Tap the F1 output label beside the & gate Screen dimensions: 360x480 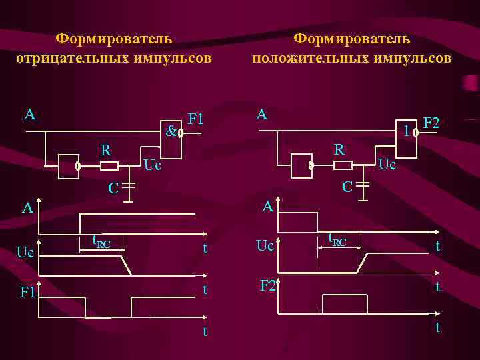197,120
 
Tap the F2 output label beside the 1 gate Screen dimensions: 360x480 432,123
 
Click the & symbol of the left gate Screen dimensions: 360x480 171,131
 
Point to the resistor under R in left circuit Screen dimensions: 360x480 109,165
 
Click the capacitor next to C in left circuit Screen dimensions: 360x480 130,185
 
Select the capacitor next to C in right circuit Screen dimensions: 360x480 363,185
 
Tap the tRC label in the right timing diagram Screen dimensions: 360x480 337,240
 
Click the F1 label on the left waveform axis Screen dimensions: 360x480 28,292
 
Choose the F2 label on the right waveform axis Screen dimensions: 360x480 269,286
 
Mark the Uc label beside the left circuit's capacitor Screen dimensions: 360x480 153,165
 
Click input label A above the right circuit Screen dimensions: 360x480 262,115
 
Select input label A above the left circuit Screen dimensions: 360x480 29,115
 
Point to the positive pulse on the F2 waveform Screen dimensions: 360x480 345,303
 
